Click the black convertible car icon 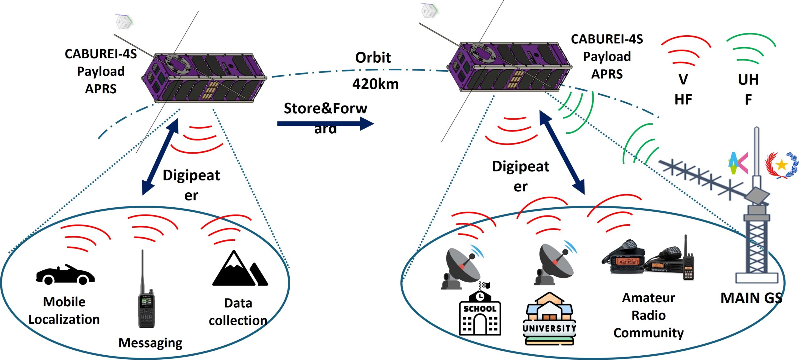[65, 275]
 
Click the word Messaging [150, 343]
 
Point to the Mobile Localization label [64, 311]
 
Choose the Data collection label [238, 312]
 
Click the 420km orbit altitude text [375, 84]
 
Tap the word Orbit [373, 57]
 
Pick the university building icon [549, 318]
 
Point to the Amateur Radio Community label [648, 315]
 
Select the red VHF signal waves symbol [685, 50]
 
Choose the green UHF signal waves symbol [751, 50]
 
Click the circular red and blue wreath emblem [781, 165]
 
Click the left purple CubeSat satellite [204, 78]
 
